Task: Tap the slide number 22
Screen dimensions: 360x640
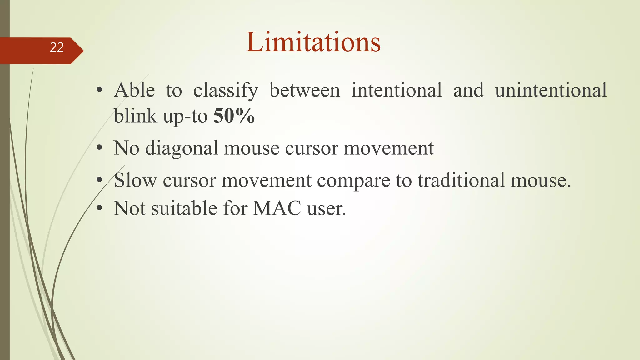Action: (57, 47)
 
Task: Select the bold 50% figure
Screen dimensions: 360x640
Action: (234, 116)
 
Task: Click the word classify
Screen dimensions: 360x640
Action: (226, 91)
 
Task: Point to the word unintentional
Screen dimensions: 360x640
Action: (551, 90)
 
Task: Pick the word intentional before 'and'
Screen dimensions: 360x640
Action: (397, 90)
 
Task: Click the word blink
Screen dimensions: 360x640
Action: (135, 116)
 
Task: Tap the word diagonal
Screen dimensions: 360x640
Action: (182, 148)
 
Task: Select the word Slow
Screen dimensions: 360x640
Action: (135, 180)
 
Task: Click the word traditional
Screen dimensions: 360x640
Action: (461, 180)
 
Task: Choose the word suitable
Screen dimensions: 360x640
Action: (184, 208)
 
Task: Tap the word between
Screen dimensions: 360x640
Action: (305, 90)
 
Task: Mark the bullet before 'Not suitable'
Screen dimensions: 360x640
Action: (99, 208)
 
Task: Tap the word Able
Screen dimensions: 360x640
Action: (134, 90)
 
